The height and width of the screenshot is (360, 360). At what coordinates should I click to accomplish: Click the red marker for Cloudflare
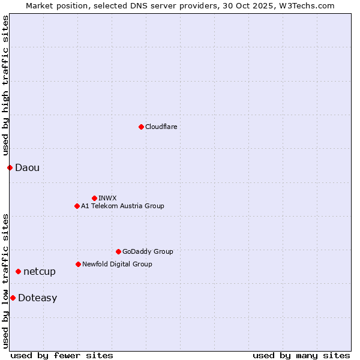(x=141, y=127)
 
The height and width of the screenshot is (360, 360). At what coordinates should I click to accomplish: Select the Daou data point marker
(x=10, y=167)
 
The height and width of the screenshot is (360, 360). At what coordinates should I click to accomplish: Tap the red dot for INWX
(x=94, y=198)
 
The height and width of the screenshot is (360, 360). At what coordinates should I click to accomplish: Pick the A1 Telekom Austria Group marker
(x=77, y=206)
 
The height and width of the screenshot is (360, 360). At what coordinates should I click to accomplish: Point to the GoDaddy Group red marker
(x=118, y=251)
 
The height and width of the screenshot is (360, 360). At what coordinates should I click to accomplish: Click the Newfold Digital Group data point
(x=78, y=264)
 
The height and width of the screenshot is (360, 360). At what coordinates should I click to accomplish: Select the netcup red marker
(x=18, y=271)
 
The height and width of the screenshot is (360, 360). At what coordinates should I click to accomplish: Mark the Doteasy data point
(x=13, y=298)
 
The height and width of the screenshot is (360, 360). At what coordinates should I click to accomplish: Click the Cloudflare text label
(x=161, y=127)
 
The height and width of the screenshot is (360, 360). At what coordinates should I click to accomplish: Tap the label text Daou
(x=27, y=167)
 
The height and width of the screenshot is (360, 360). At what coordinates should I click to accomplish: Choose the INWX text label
(x=107, y=198)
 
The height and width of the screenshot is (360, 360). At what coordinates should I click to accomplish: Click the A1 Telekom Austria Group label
(x=122, y=206)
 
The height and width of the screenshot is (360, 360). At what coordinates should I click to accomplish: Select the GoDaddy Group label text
(x=148, y=251)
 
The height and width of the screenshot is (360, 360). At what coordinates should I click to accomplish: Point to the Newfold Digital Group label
(x=117, y=264)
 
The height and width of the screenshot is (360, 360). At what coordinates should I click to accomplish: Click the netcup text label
(x=40, y=271)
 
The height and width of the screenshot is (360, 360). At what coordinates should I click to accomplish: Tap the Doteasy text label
(x=37, y=298)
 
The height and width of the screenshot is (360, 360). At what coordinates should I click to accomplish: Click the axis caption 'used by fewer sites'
(x=62, y=355)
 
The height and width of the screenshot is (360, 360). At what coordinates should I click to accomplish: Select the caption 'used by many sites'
(x=301, y=355)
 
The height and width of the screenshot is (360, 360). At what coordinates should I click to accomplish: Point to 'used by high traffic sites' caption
(x=5, y=86)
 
